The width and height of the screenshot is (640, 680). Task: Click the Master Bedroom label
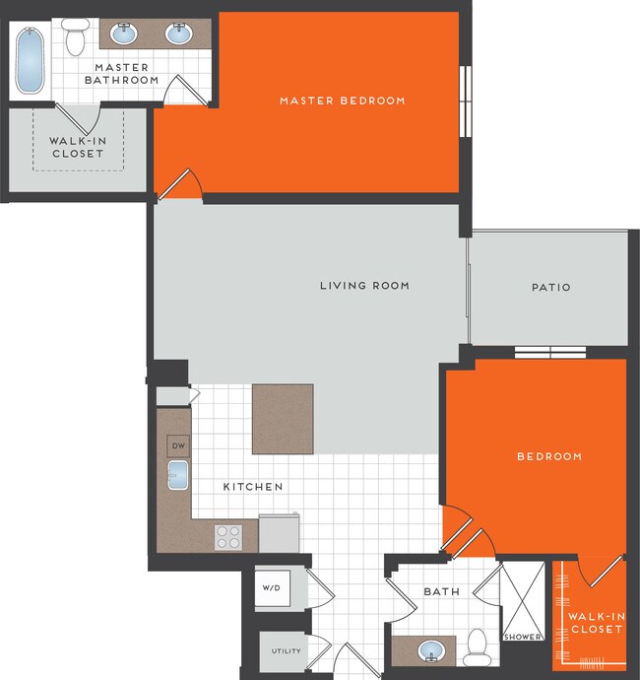342,101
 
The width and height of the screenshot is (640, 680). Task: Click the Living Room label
364,286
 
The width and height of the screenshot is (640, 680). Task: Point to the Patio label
550,288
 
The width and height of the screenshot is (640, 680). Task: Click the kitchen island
283,419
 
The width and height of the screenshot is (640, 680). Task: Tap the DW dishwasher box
178,445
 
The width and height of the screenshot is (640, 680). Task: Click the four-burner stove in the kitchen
228,537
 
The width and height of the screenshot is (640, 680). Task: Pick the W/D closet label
271,588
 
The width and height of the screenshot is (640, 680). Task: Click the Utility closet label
286,650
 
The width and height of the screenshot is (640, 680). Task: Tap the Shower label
522,637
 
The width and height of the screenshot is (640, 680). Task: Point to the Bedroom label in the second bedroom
549,456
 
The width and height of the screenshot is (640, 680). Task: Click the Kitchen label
253,487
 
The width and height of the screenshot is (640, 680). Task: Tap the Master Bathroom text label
126,74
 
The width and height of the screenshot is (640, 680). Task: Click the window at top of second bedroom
550,353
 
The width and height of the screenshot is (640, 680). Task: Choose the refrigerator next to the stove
279,533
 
